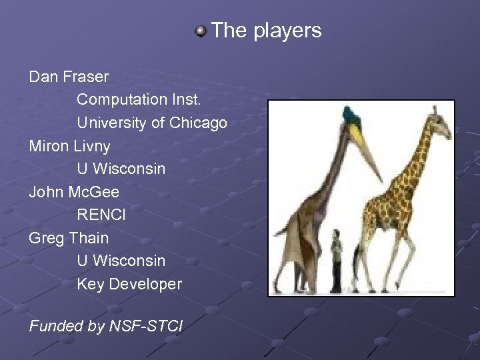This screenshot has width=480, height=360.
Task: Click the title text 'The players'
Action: click(266, 31)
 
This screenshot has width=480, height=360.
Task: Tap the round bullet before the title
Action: click(200, 31)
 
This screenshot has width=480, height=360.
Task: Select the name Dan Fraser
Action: click(69, 77)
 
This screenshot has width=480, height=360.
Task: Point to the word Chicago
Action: click(198, 123)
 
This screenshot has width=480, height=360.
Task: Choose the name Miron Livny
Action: click(70, 146)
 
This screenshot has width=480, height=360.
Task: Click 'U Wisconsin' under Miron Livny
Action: click(121, 169)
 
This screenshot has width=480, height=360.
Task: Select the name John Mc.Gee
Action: click(74, 192)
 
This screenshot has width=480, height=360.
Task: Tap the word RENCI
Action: click(101, 215)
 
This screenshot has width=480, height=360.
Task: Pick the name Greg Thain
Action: click(69, 238)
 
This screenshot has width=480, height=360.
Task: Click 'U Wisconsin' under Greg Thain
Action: click(121, 261)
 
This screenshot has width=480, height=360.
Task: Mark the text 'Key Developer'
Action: click(129, 284)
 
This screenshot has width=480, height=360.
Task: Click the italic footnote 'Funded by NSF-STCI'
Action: click(106, 326)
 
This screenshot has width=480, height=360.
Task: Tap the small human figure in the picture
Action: click(337, 260)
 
